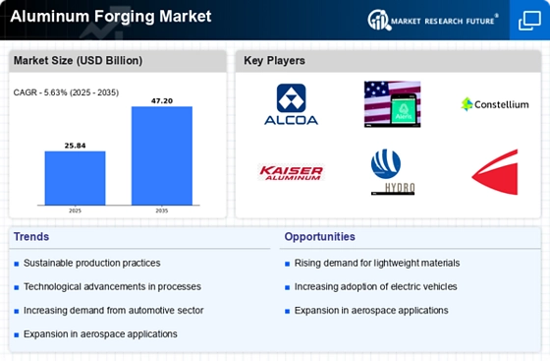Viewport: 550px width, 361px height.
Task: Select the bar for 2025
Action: tap(75, 177)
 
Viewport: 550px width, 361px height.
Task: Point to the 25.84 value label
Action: tap(75, 145)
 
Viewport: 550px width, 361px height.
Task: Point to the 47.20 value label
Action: tap(162, 99)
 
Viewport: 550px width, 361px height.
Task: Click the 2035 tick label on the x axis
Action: tap(162, 211)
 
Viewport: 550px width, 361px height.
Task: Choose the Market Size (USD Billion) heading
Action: tap(78, 61)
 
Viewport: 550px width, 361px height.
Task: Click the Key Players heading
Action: tap(275, 61)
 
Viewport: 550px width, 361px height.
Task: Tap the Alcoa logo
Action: tap(291, 103)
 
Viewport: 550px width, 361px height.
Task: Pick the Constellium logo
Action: tap(494, 103)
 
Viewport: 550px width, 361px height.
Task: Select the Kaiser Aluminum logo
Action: tap(291, 172)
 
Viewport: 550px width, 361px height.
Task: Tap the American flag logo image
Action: tap(391, 103)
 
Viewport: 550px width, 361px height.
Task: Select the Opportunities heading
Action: tap(320, 236)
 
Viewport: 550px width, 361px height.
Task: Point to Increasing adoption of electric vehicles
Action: tap(377, 286)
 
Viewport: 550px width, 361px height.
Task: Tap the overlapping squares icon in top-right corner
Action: tap(528, 20)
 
